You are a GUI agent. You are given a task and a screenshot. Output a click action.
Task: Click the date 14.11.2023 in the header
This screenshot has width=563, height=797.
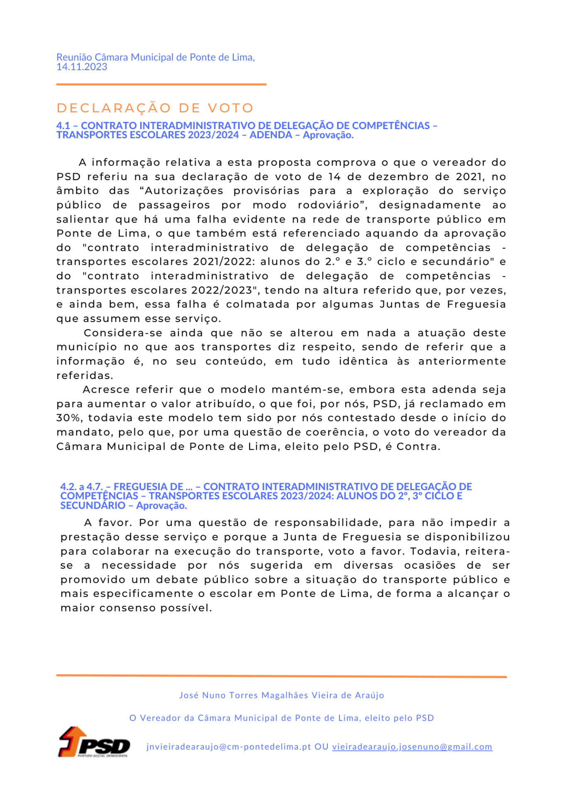[x=82, y=67]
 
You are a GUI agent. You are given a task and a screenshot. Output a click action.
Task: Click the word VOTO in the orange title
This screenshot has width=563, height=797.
[x=231, y=108]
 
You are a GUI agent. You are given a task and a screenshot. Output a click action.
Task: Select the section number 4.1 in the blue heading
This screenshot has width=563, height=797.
[x=63, y=126]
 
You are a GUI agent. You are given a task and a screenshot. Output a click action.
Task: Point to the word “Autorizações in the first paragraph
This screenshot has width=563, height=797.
[x=184, y=191]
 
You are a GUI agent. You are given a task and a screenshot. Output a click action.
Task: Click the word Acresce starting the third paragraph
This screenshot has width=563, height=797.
[x=106, y=390]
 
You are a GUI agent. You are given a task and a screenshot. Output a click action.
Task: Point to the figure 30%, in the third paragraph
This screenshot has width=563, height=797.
[x=68, y=418]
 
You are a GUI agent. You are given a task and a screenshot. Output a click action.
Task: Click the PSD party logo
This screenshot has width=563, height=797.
[x=94, y=742]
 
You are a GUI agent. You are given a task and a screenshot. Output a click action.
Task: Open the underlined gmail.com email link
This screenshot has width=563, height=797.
[x=412, y=747]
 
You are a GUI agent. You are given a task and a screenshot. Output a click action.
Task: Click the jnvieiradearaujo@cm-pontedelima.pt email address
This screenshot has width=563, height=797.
[x=229, y=747]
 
